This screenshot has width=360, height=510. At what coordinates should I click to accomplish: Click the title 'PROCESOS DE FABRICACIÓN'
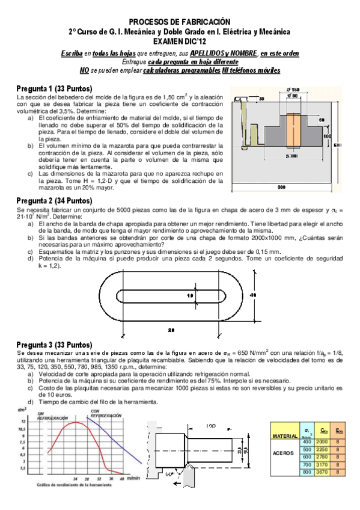[180, 21]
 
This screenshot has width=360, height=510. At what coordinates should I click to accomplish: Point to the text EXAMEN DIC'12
[180, 41]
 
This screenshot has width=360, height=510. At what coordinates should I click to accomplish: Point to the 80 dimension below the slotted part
[172, 330]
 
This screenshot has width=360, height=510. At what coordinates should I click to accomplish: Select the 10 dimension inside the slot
[189, 296]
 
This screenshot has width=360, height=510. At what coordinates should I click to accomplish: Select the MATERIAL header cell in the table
[284, 435]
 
